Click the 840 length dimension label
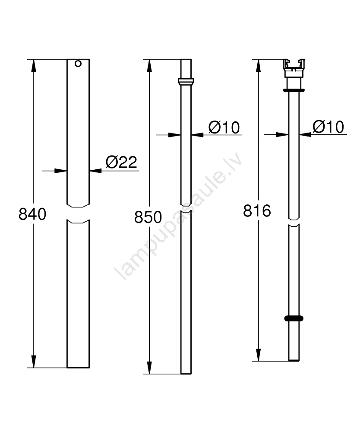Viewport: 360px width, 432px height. click(32, 214)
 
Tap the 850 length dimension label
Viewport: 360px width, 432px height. click(148, 217)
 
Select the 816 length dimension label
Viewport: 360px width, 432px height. click(257, 211)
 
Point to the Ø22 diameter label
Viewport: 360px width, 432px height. click(121, 162)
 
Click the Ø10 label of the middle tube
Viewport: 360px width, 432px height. click(224, 127)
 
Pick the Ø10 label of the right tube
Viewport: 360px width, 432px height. click(328, 127)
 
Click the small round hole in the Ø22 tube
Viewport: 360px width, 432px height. click(78, 64)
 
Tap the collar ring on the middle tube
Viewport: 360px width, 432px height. click(186, 82)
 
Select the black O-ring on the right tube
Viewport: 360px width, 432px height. click(294, 318)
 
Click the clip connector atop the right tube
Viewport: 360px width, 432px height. click(294, 68)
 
